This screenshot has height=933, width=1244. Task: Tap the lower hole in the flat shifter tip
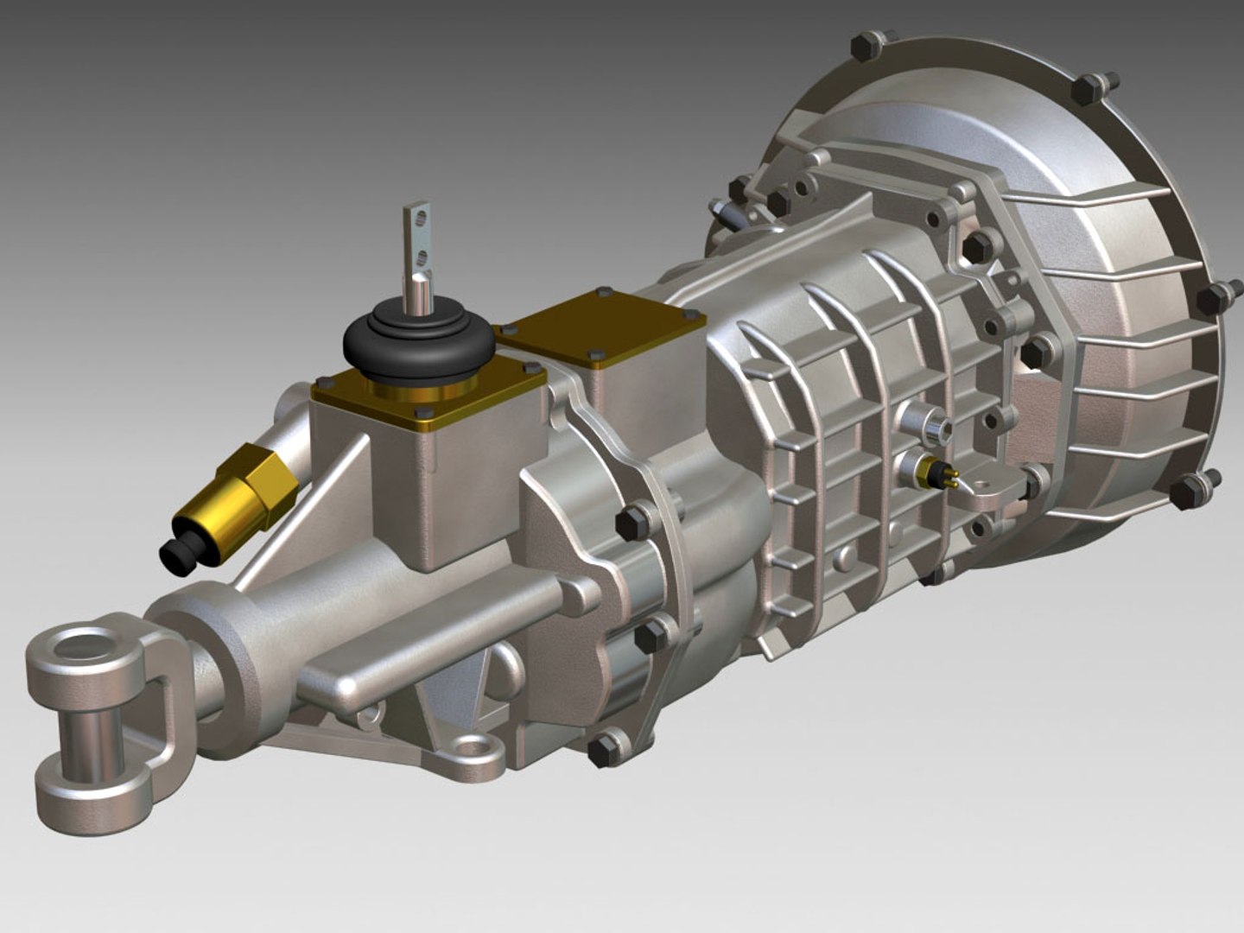coord(421,253)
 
